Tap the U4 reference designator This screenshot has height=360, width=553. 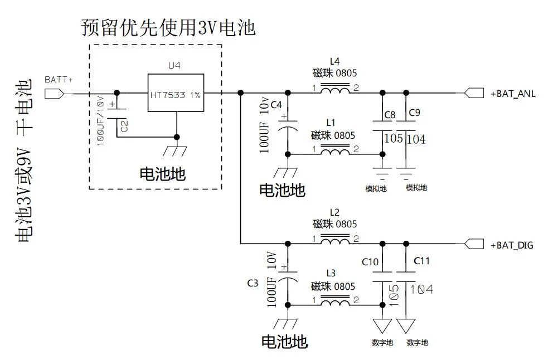pos(174,66)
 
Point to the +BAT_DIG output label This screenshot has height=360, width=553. pos(512,245)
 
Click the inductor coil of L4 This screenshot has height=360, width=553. pos(334,89)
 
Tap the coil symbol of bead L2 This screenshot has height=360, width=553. pos(334,240)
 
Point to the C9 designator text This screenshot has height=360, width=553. pos(414,113)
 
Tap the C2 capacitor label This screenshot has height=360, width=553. pos(124,126)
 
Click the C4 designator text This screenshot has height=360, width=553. pos(276,104)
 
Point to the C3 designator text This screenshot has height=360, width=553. pos(253,283)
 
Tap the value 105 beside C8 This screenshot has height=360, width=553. pos(394,138)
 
